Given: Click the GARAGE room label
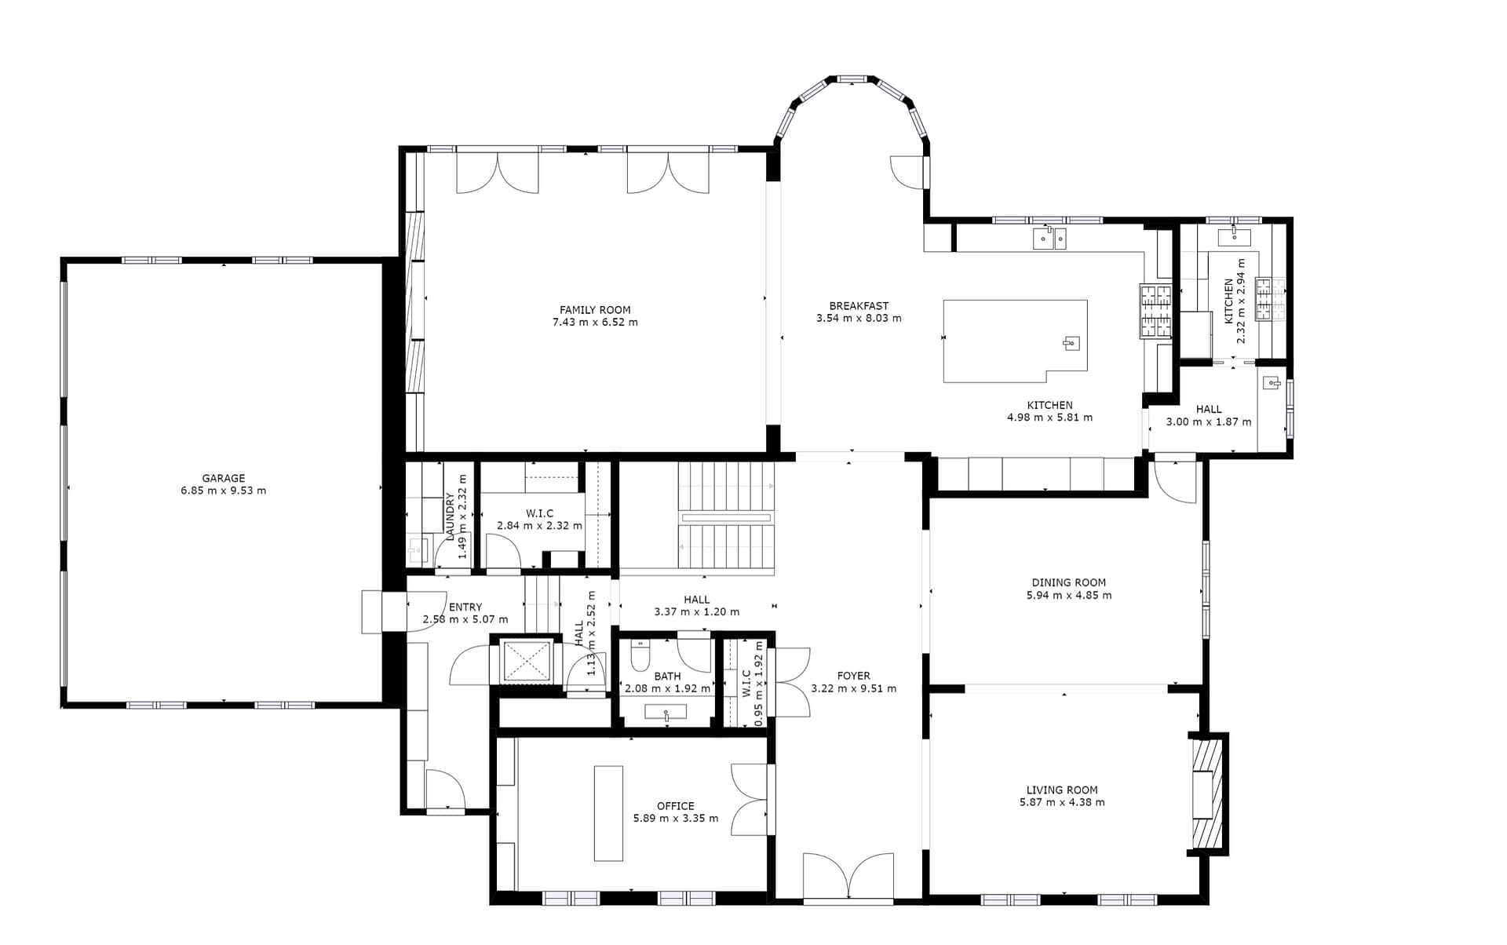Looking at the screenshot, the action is (224, 478).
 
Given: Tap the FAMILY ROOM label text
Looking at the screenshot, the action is (595, 310).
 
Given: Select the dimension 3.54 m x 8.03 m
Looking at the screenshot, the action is (859, 319).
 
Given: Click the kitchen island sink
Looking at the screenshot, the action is (1071, 343).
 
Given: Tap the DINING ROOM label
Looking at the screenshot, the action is (1068, 582).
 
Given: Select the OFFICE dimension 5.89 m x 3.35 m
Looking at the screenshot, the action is (676, 819).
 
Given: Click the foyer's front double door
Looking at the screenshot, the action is (848, 876).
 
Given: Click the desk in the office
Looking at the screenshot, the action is (608, 813).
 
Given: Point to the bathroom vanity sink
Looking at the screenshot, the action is (666, 713).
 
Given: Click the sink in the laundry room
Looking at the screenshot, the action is (416, 549).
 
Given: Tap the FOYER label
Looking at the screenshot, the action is (853, 676).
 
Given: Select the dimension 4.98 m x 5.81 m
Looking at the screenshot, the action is (1049, 418).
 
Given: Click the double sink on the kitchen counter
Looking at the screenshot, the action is (1049, 238).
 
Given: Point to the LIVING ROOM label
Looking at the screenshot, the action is (1062, 790).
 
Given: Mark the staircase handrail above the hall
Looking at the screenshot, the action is (726, 518).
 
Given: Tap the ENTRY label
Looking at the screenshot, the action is (465, 607).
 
